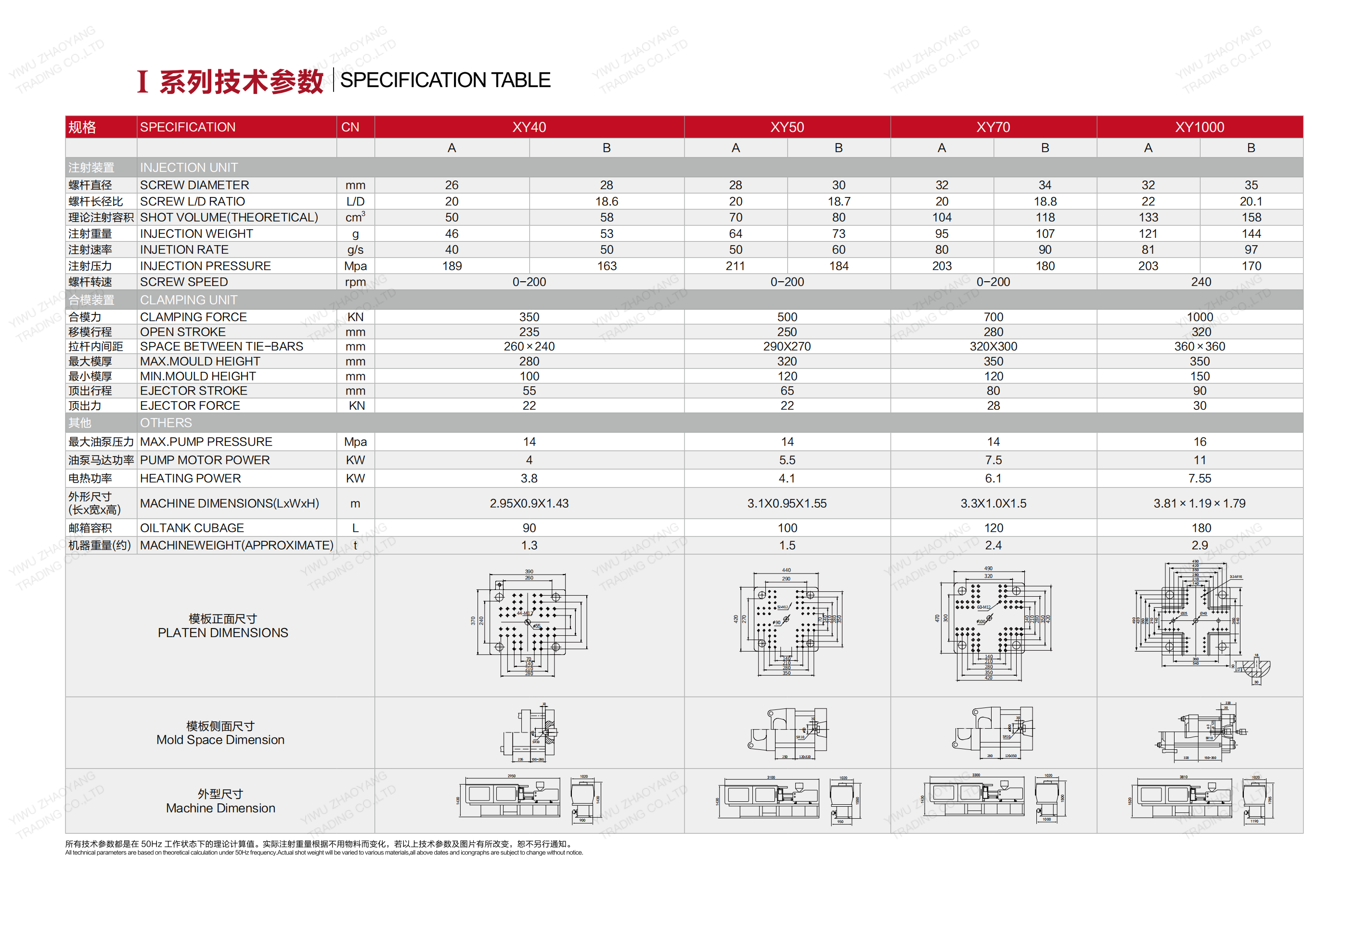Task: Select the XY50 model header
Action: [x=787, y=127]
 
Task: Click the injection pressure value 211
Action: [x=735, y=266]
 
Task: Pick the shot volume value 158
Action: [x=1251, y=218]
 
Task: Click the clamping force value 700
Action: [x=993, y=317]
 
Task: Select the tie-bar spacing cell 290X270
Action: [x=787, y=347]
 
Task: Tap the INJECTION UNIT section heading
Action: [x=189, y=168]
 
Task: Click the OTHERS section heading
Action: [x=166, y=423]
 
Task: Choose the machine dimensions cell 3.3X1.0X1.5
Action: [x=993, y=503]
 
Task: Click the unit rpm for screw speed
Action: [x=355, y=282]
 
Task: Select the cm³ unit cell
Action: [x=355, y=218]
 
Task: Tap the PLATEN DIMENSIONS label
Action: [x=223, y=632]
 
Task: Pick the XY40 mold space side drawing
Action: [x=529, y=733]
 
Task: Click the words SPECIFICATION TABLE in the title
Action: [x=445, y=80]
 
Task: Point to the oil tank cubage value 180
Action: [x=1201, y=528]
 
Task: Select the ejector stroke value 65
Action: [x=787, y=391]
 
